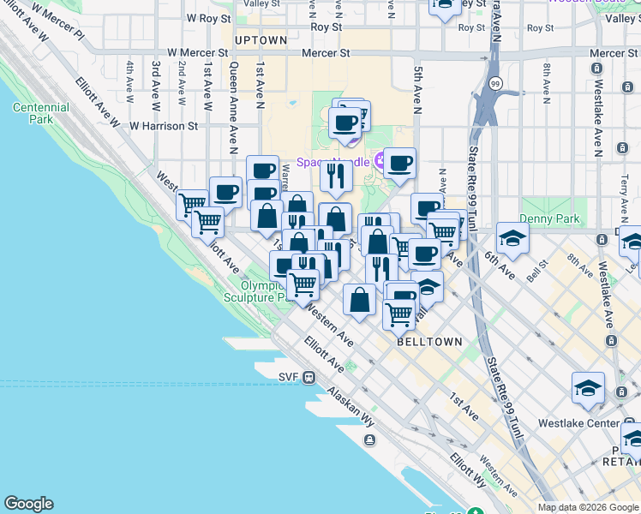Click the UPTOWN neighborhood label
point(261,40)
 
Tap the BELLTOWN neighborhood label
point(429,341)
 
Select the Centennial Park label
point(41,114)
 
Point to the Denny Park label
point(562,219)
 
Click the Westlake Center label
point(578,423)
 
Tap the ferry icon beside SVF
point(309,377)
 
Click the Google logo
point(28,504)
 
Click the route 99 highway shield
point(496,83)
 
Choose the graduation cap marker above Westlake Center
point(588,388)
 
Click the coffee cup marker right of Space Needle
point(398,163)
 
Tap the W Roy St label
point(209,17)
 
